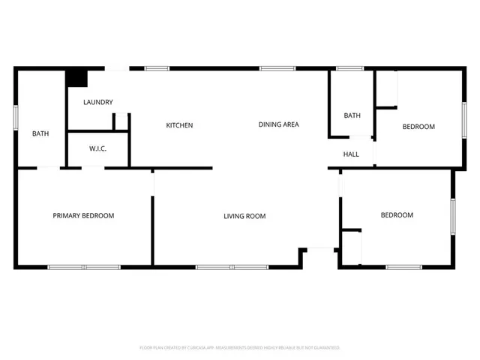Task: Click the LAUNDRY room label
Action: tap(98, 102)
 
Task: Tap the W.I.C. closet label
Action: tap(97, 148)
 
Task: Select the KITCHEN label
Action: tap(179, 125)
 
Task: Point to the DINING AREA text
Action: tap(279, 124)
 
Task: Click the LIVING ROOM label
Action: tap(244, 216)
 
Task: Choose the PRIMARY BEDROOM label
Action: tap(83, 216)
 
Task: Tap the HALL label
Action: tap(351, 154)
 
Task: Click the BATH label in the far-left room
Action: tap(40, 134)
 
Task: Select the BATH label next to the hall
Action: tap(352, 115)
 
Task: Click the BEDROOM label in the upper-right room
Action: tap(418, 127)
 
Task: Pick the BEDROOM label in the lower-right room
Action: tap(397, 215)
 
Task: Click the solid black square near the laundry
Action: tap(76, 78)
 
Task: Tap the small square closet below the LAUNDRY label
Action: tap(121, 122)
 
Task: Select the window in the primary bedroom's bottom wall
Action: tap(84, 267)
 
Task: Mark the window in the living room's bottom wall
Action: tap(232, 267)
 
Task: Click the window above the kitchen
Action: tap(156, 69)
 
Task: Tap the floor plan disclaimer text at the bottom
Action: tap(240, 348)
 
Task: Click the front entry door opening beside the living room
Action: tap(320, 248)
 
